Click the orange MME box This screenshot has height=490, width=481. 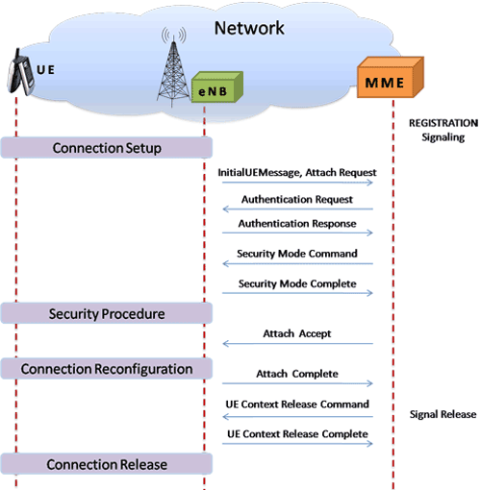click(391, 77)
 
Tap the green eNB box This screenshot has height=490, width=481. click(216, 87)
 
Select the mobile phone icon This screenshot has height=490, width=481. click(20, 72)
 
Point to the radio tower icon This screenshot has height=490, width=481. click(173, 67)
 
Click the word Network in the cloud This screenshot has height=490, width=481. click(249, 28)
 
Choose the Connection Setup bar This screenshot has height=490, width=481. click(107, 148)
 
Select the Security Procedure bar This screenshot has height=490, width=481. click(107, 313)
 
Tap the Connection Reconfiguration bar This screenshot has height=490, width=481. click(107, 369)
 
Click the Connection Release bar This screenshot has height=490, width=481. click(107, 464)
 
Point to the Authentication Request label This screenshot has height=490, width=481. click(297, 200)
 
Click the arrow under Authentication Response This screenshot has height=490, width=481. click(297, 233)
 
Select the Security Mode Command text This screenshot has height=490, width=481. click(297, 254)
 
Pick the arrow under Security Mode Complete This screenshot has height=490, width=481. click(297, 293)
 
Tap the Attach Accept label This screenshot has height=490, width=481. click(297, 333)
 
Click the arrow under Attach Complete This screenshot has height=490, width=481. click(297, 383)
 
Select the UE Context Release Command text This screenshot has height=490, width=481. click(297, 404)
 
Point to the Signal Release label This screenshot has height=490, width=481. click(443, 414)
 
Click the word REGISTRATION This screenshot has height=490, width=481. click(443, 123)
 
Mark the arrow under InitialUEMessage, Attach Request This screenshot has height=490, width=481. click(297, 183)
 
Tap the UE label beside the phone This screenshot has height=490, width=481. click(45, 70)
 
